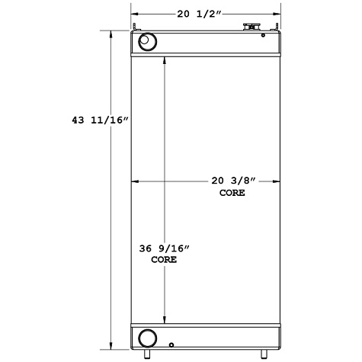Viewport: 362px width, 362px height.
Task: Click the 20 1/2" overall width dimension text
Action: point(206,12)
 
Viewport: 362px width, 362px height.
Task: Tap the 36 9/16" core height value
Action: point(164,248)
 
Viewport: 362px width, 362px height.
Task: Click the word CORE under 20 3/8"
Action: point(232,194)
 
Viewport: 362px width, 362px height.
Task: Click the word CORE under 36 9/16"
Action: point(164,260)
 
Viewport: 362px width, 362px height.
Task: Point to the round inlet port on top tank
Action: point(147,41)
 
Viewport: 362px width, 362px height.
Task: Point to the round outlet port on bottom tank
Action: point(147,337)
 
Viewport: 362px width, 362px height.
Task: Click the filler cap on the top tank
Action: point(248,29)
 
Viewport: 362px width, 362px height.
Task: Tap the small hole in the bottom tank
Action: point(173,344)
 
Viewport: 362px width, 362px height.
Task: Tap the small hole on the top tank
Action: point(263,34)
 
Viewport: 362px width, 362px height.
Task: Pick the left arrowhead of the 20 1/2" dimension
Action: point(135,12)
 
